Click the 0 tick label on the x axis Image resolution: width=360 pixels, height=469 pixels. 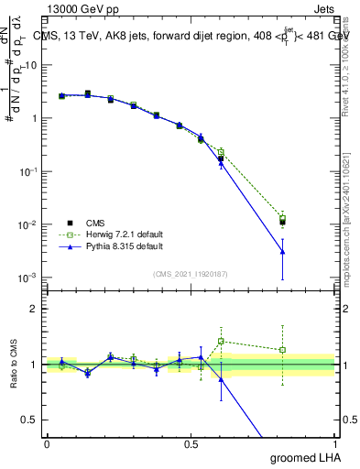click(x=47, y=443)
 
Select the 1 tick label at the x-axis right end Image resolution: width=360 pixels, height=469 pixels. click(x=333, y=443)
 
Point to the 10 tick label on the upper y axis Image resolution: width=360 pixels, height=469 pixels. click(x=31, y=65)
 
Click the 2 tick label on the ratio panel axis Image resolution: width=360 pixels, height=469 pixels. click(x=34, y=309)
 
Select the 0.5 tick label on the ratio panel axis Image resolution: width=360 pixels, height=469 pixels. click(x=30, y=420)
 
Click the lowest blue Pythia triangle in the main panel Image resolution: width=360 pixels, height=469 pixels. click(x=282, y=251)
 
